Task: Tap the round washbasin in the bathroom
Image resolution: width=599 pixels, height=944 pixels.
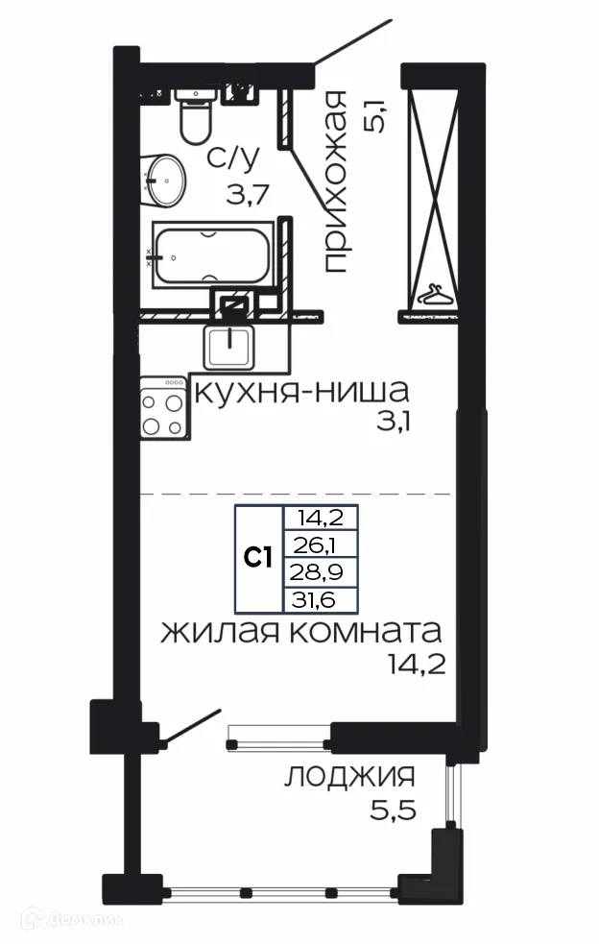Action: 166,179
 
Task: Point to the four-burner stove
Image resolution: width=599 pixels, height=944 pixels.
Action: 162,408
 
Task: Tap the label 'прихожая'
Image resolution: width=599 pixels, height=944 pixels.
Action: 333,182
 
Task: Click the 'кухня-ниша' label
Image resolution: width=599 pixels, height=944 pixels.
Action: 301,392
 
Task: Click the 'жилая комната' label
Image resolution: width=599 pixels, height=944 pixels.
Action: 300,632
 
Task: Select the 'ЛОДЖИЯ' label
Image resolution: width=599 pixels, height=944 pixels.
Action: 349,776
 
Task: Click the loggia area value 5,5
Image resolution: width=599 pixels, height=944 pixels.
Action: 395,811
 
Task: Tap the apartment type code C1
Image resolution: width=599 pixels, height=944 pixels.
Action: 258,558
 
